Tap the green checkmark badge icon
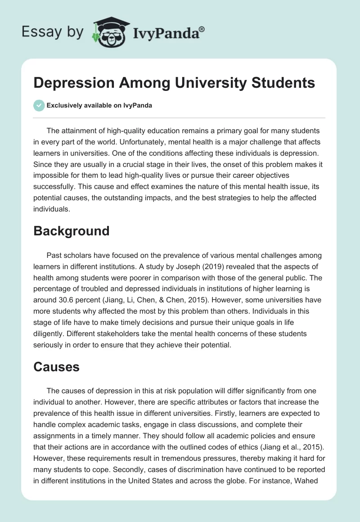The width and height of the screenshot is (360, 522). click(39, 106)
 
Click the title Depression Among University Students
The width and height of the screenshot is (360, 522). click(174, 83)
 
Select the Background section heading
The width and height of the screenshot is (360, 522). click(72, 231)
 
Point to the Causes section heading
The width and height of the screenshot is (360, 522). click(56, 367)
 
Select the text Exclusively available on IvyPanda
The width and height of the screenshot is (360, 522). click(99, 106)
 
